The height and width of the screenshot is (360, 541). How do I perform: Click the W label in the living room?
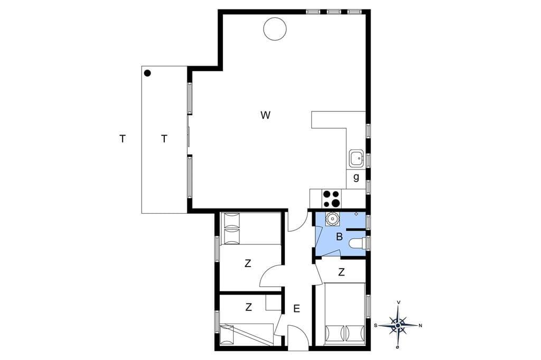tap(265, 115)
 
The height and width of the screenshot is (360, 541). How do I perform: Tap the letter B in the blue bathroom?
tap(340, 237)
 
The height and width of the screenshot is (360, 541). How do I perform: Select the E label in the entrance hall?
tap(297, 309)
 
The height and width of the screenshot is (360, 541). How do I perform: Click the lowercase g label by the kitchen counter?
tap(356, 177)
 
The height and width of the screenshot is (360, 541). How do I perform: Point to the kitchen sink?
tap(356, 158)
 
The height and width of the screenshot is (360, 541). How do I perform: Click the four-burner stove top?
tap(331, 199)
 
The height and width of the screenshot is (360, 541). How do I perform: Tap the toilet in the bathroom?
tap(357, 243)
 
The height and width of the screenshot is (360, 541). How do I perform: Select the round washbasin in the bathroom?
tap(332, 219)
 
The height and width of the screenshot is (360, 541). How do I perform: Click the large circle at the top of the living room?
tap(275, 29)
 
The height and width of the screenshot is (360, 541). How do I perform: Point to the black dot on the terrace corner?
tap(147, 73)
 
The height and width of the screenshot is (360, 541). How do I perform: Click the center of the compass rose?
tap(398, 325)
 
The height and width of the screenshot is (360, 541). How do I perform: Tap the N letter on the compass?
tap(420, 325)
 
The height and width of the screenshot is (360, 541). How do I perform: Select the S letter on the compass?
tap(376, 325)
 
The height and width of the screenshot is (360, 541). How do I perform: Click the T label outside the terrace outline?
tap(122, 139)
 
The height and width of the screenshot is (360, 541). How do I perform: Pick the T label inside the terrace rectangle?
tap(164, 139)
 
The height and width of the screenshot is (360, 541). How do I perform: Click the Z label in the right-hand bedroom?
tap(342, 272)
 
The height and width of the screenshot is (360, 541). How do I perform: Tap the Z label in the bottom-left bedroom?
tap(248, 307)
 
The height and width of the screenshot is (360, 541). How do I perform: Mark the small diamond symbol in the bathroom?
tap(357, 214)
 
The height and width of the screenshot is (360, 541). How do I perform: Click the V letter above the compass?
tap(399, 302)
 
